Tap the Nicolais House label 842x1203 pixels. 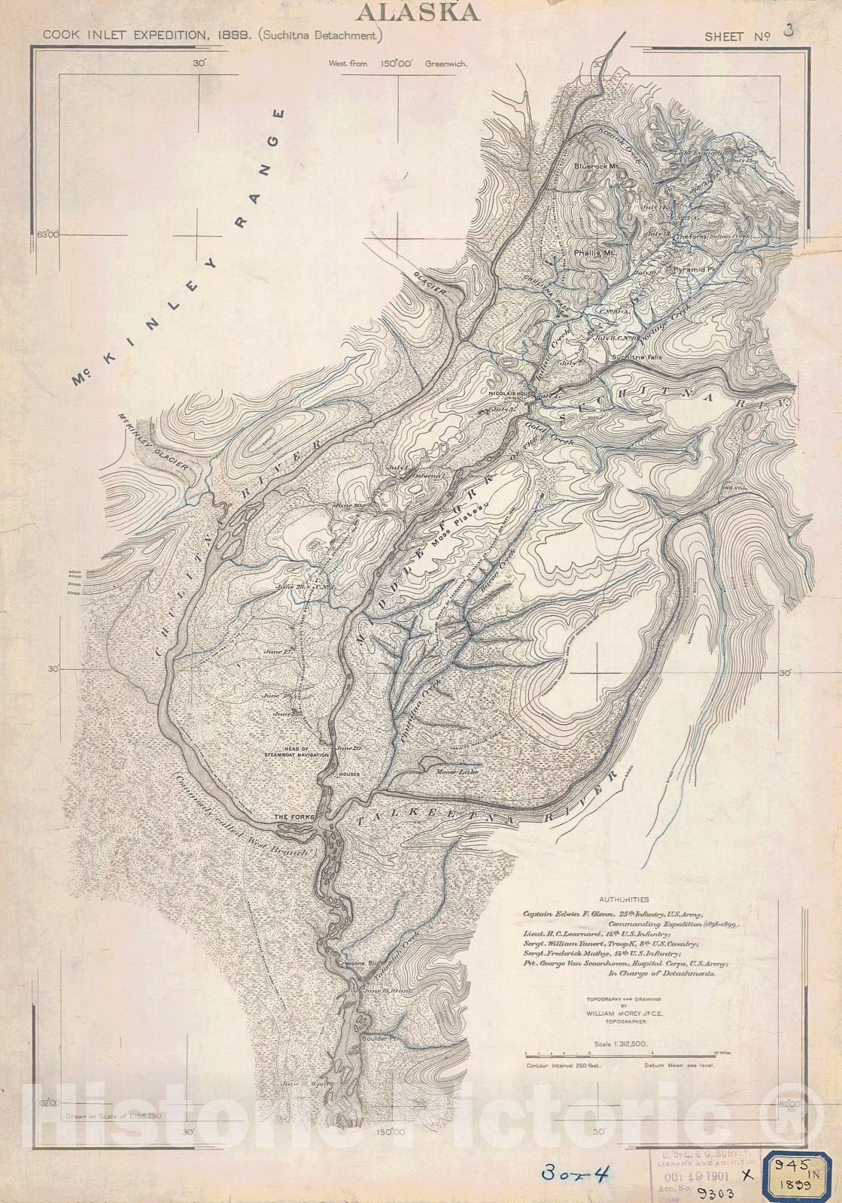(x=511, y=393)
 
